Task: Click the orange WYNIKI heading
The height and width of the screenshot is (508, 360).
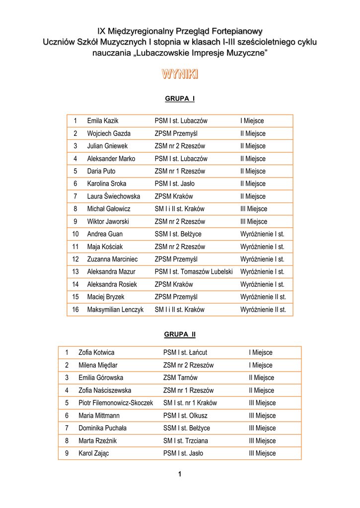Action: click(x=180, y=75)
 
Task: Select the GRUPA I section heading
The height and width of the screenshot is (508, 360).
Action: click(x=180, y=99)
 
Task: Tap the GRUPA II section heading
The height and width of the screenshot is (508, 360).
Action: click(x=180, y=334)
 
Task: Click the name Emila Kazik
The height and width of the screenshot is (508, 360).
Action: click(x=103, y=121)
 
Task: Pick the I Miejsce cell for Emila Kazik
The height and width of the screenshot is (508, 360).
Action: click(x=252, y=121)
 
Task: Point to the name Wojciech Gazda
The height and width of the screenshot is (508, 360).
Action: click(x=109, y=133)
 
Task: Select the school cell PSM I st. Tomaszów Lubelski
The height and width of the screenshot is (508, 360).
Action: click(x=194, y=271)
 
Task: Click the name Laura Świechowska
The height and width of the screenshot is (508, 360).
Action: click(x=114, y=196)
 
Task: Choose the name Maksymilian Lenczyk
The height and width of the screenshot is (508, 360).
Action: click(x=115, y=310)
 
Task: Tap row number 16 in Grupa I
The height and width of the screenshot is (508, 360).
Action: click(x=75, y=310)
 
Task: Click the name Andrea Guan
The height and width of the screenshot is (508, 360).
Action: click(x=105, y=234)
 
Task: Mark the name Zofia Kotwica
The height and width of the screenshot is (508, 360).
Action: click(x=96, y=353)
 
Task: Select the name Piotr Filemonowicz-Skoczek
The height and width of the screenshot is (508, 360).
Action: click(x=116, y=403)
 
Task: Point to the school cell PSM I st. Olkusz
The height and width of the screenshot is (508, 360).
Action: click(x=185, y=415)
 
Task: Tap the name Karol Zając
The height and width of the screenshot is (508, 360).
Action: click(x=93, y=453)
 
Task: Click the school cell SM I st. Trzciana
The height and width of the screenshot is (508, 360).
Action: click(x=186, y=441)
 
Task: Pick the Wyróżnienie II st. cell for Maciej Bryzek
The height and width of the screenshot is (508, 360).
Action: click(x=263, y=297)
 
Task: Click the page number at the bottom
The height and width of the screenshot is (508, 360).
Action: click(x=180, y=474)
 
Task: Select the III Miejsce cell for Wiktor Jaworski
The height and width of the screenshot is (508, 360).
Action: click(x=254, y=221)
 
